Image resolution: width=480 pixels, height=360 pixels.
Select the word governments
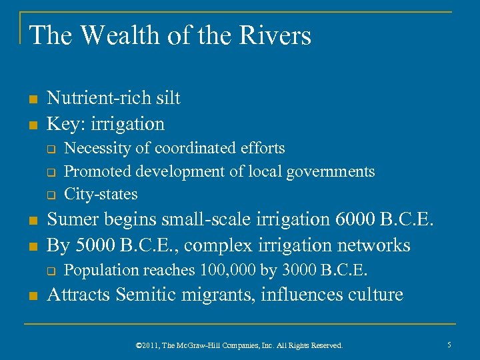coord(331,171)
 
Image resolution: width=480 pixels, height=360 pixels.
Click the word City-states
coord(101,194)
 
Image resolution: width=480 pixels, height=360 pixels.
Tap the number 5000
coord(95,245)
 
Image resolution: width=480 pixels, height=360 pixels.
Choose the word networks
coord(370,245)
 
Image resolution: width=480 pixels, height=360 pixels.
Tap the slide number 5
coord(450,345)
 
